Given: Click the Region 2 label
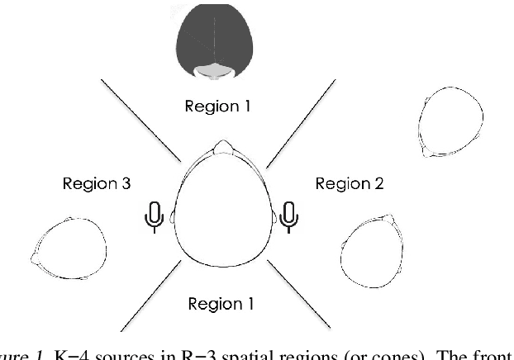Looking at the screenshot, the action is coord(349,182).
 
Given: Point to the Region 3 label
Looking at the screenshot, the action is coord(97,182).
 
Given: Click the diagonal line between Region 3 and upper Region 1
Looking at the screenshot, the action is coord(139,120).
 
